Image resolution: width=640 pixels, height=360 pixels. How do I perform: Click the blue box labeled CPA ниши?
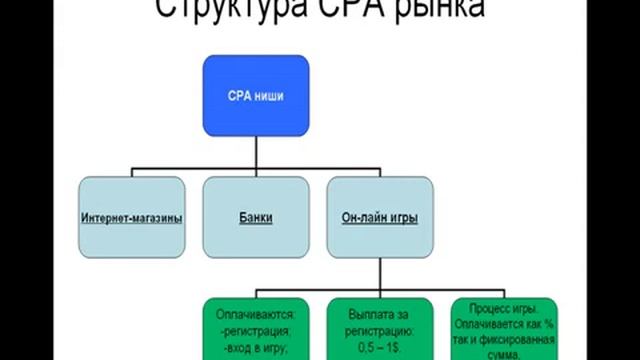pos(255,97)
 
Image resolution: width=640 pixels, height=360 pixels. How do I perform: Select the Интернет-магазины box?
pos(132,218)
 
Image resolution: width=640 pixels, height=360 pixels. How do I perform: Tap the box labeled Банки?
pos(255,218)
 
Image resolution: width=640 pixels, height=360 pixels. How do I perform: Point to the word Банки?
pos(255,218)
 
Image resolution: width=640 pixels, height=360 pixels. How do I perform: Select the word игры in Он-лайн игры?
pos(401,218)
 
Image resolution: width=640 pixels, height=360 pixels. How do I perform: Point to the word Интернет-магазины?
pos(132,218)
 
